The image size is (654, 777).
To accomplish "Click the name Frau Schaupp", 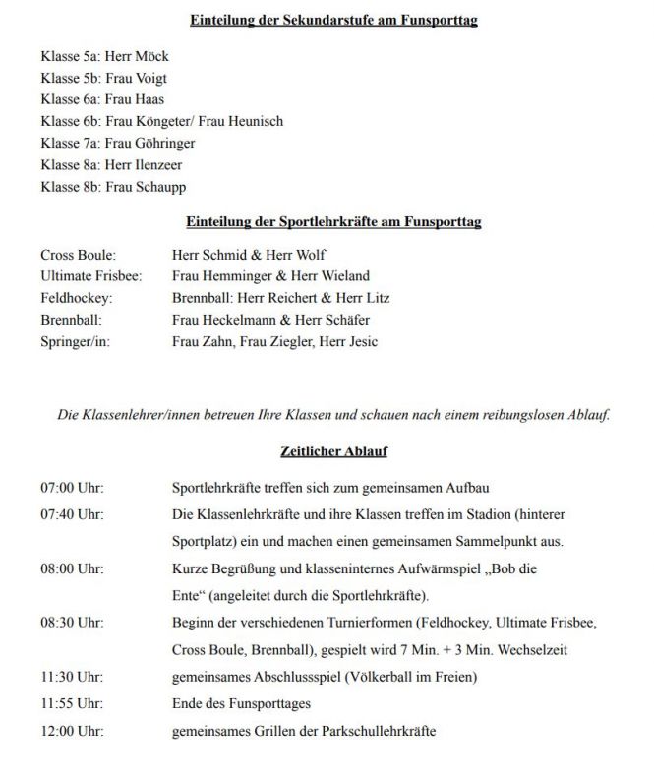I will [x=146, y=186].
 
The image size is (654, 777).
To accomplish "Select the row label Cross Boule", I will [x=75, y=255].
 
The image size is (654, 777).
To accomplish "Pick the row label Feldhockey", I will [x=76, y=298].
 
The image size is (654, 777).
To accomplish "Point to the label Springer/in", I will [x=76, y=341].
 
